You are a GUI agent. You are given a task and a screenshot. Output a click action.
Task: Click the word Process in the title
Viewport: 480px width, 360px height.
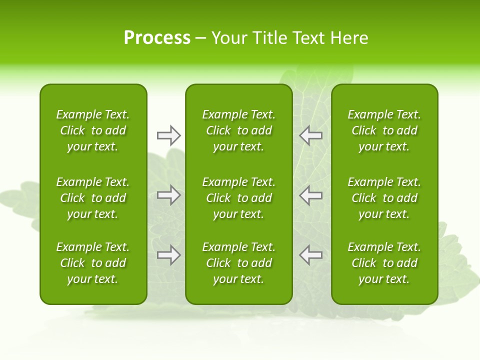tap(157, 38)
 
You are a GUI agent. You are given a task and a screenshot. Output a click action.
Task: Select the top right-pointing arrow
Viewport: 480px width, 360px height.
tap(168, 135)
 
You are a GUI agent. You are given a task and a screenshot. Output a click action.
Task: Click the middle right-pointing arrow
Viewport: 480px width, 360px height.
tap(168, 195)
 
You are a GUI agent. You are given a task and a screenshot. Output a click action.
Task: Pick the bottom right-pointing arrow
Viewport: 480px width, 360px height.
tap(168, 255)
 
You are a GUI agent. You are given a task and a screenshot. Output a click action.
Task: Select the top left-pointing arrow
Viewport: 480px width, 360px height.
tap(311, 135)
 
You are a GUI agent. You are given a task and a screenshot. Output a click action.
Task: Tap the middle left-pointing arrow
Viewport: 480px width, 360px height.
tap(311, 195)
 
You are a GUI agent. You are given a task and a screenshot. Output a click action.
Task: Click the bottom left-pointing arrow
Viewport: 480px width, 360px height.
tap(311, 255)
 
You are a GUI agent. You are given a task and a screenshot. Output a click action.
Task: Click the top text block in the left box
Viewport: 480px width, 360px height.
tap(93, 130)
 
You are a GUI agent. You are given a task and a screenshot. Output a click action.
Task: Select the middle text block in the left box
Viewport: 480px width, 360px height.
tap(93, 198)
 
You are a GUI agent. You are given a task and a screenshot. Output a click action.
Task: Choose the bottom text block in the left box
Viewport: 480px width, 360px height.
tap(93, 263)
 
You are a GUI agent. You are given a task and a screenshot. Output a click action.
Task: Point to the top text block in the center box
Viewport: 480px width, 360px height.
tap(238, 130)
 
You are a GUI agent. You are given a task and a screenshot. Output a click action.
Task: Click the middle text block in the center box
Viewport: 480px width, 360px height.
tap(238, 198)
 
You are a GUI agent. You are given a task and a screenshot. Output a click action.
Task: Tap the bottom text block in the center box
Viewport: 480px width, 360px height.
tap(238, 263)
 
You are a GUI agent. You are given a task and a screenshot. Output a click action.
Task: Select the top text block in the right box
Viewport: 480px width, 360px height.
tap(384, 130)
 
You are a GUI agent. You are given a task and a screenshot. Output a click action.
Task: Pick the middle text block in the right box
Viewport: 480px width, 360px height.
tap(384, 198)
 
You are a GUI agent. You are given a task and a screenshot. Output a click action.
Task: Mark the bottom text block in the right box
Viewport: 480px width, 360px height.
tap(384, 263)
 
